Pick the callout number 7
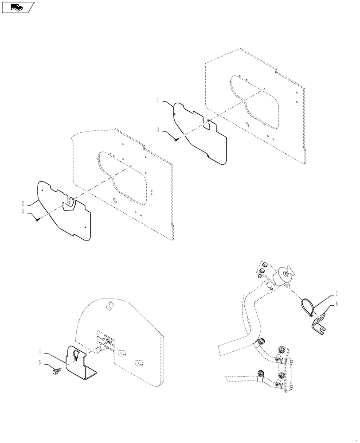coord(336,294)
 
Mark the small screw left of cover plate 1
coord(176,140)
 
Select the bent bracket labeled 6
coord(318,323)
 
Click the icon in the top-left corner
coord(17,7)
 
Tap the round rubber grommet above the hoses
coord(282,275)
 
